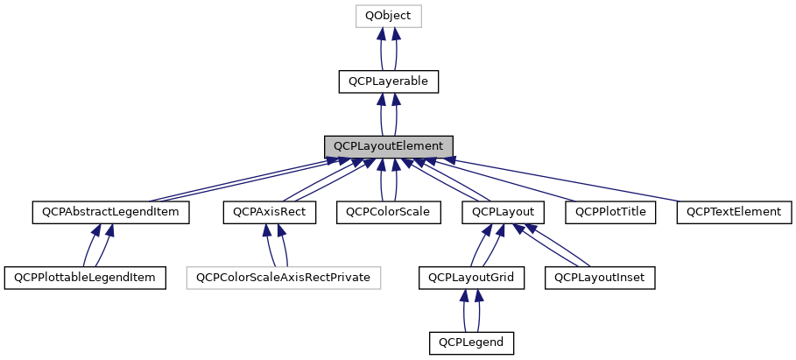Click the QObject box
[388, 16]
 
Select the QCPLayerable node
[388, 81]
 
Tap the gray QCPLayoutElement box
[388, 146]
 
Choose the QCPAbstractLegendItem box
[110, 212]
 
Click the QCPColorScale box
[388, 212]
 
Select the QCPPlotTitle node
[610, 212]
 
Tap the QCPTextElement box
[734, 212]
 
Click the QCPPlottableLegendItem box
[85, 278]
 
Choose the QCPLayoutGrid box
[471, 278]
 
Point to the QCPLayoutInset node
[600, 278]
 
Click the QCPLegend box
[471, 342]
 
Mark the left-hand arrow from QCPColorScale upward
[381, 180]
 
